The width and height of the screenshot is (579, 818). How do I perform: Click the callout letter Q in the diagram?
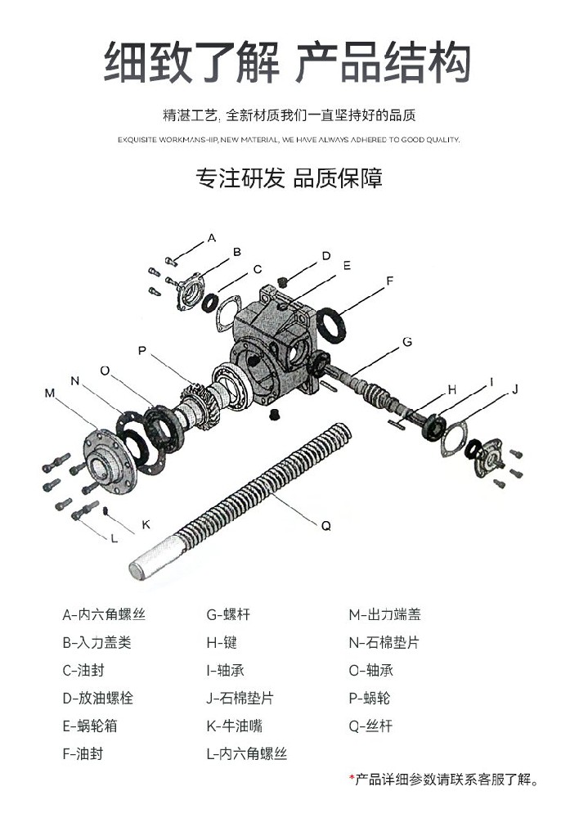click(x=325, y=527)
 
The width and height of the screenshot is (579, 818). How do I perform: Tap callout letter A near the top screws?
click(x=211, y=237)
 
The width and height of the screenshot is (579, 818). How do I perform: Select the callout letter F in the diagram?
click(x=390, y=281)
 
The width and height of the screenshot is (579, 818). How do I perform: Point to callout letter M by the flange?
click(x=49, y=393)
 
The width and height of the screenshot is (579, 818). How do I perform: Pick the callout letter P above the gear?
click(x=142, y=350)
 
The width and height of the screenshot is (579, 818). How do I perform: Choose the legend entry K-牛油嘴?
click(x=234, y=726)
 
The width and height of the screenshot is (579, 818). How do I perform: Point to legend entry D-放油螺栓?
click(x=97, y=698)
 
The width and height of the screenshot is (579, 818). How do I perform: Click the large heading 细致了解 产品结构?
click(x=288, y=61)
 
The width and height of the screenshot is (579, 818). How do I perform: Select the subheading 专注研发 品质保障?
click(x=288, y=178)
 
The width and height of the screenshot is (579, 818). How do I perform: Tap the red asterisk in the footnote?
click(x=352, y=778)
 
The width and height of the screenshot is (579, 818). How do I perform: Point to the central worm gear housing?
click(x=274, y=344)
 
